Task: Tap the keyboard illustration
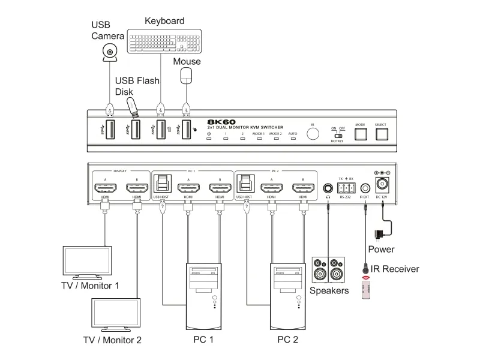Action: pyautogui.click(x=160, y=41)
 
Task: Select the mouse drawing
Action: pyautogui.click(x=187, y=75)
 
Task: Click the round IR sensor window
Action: pyautogui.click(x=313, y=133)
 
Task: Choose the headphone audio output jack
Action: pyautogui.click(x=328, y=187)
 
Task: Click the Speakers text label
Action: pyautogui.click(x=329, y=290)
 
